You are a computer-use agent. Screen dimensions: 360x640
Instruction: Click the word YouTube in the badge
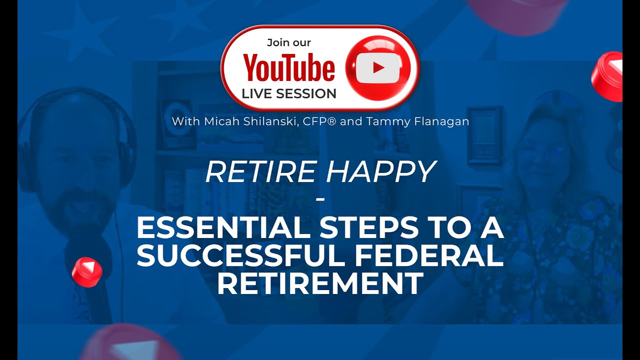pyautogui.click(x=289, y=69)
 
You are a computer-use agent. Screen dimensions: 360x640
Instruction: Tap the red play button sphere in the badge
pyautogui.click(x=378, y=67)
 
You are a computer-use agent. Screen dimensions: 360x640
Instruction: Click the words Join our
pyautogui.click(x=289, y=42)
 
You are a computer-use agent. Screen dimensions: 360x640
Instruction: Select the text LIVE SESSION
pyautogui.click(x=289, y=93)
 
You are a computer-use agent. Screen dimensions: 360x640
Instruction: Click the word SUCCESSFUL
pyautogui.click(x=238, y=256)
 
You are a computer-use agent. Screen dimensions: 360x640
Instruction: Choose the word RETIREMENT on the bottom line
pyautogui.click(x=320, y=283)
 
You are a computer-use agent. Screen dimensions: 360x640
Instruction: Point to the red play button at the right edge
pyautogui.click(x=607, y=76)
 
